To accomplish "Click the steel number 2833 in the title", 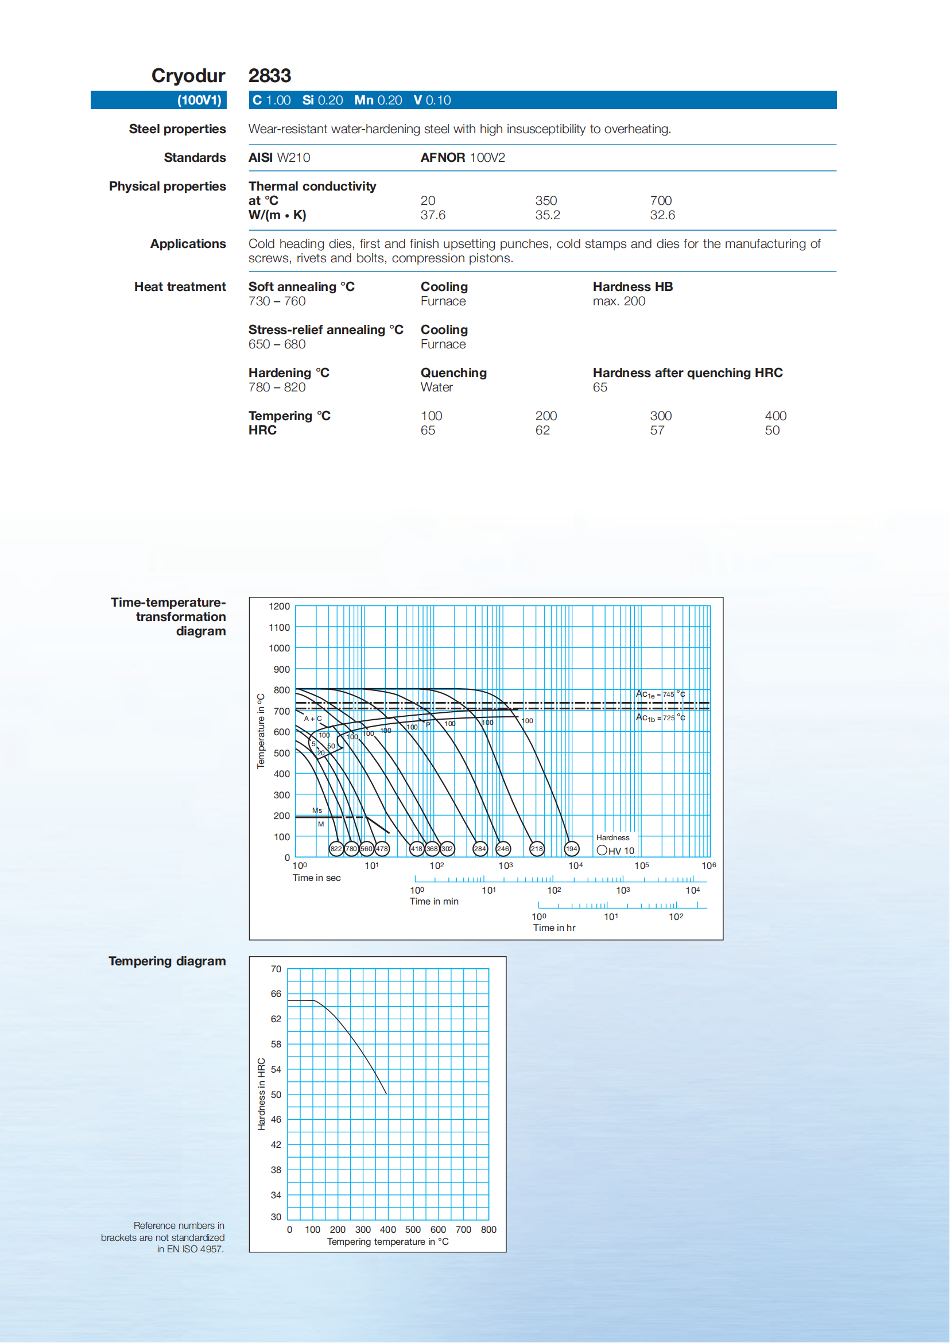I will [x=269, y=75].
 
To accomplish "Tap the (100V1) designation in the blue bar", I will [x=200, y=100].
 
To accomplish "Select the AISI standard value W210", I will [x=293, y=157].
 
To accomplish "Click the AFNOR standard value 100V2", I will [x=487, y=157].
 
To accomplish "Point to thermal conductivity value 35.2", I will [x=547, y=215].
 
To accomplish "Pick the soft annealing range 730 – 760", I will [x=277, y=301].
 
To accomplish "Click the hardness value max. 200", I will [x=618, y=301].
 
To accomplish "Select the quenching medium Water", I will [x=436, y=387].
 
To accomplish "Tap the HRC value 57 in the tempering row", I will [x=657, y=430].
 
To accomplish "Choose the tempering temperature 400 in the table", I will [x=775, y=416].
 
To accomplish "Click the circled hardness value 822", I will [x=336, y=849].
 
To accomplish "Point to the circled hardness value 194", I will [x=571, y=849].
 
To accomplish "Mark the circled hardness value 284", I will [x=480, y=849].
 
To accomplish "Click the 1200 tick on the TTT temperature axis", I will [x=279, y=607].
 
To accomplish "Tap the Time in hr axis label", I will [x=553, y=927].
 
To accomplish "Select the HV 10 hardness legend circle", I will [x=602, y=851].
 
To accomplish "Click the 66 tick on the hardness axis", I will [x=276, y=994].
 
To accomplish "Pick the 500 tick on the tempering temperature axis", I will [x=412, y=1229].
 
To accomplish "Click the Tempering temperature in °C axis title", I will [x=387, y=1242].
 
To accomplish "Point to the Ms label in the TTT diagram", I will [x=317, y=811].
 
